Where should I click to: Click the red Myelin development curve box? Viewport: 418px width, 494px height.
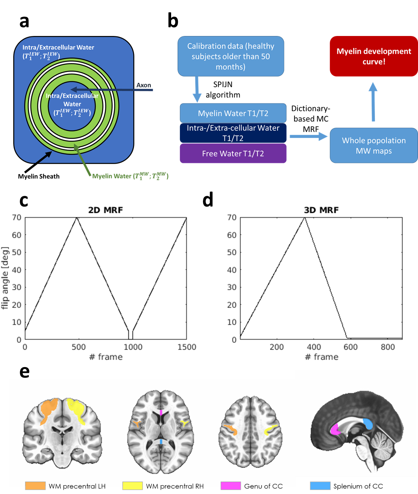point(374,56)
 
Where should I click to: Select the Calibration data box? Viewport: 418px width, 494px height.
point(231,56)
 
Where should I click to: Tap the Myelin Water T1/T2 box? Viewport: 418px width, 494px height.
point(233,113)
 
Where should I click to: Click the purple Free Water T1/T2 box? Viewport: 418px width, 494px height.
point(233,153)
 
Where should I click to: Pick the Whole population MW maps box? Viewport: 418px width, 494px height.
point(374,145)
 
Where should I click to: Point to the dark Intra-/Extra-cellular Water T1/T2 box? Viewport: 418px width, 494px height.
point(233,133)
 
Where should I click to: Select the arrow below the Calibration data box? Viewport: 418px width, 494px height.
point(197,89)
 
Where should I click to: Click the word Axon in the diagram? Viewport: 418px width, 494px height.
point(143,85)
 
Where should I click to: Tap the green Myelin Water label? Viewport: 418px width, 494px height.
point(130,176)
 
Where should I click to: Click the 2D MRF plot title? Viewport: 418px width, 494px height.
point(105,210)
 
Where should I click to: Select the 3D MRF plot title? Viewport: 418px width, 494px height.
point(321,210)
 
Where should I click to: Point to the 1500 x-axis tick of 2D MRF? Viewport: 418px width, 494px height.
point(187,347)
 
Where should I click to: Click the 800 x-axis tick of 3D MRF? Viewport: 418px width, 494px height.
point(387,347)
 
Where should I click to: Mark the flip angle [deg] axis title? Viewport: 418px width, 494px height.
point(5,278)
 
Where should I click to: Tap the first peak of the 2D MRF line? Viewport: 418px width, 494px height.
point(76,217)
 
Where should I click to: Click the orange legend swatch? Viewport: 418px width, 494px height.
point(35,486)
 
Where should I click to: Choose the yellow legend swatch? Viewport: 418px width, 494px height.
point(133,486)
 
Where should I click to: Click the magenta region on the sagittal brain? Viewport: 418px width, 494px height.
point(335,429)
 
